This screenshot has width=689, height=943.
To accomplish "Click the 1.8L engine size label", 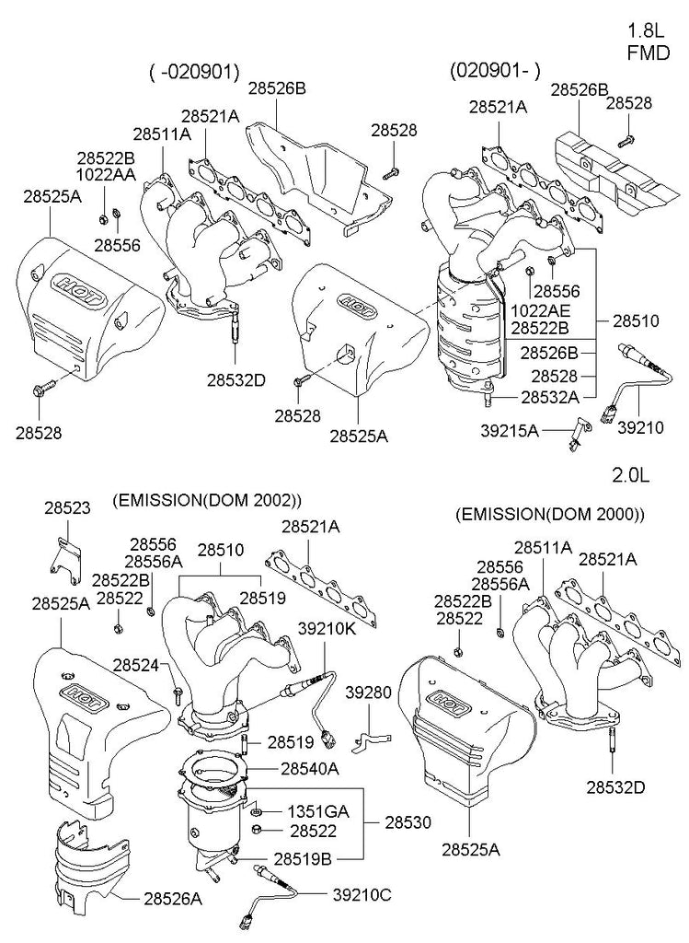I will pos(648,28).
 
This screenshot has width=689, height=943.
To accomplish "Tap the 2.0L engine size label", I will pos(631,475).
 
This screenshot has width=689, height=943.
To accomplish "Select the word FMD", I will pos(648,52).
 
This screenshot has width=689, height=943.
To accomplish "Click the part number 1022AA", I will pos(107,173).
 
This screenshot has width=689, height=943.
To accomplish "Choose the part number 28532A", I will pos(549,397).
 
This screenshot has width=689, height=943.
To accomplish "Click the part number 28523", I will pos(69,507).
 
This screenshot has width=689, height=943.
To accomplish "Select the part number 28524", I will pos(136,665).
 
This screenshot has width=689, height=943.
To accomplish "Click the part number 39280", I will pos(368,692).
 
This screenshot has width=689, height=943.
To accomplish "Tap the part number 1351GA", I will pos(318,811).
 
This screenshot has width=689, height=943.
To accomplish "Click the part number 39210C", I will pos(362,892).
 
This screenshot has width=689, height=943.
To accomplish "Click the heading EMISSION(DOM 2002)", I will pos(207,501).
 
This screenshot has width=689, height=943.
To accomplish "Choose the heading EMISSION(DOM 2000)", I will pos(550,513).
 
